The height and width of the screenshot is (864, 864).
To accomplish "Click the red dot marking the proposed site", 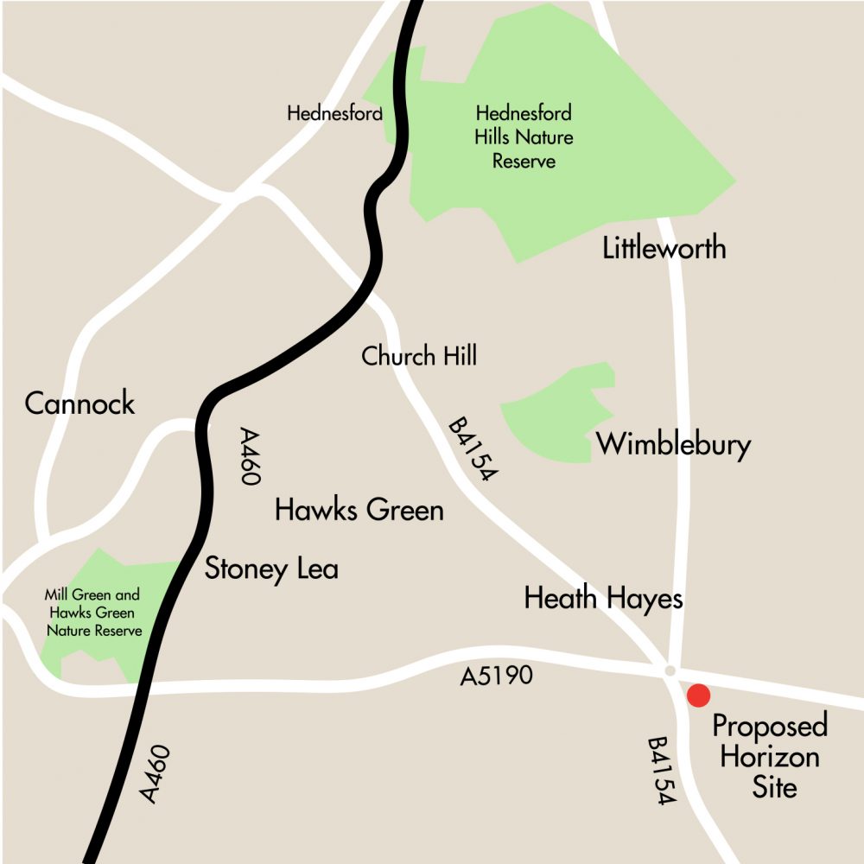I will [x=697, y=695].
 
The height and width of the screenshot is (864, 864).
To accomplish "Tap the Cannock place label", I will [x=79, y=403].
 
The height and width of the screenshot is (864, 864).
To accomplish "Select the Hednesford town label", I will [x=334, y=113].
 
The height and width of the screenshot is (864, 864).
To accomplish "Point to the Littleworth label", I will [x=664, y=249].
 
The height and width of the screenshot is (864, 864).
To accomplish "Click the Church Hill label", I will [x=419, y=355].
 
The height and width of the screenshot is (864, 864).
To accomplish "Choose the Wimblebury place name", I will [x=674, y=445].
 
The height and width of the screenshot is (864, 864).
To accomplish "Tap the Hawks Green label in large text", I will [x=359, y=510].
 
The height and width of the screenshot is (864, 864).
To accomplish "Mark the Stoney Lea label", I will [x=271, y=569].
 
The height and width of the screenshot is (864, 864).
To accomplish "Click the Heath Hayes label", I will [x=603, y=598].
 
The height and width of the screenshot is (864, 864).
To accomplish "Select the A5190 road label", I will [x=496, y=676].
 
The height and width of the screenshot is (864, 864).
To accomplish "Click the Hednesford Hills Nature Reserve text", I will [x=523, y=137].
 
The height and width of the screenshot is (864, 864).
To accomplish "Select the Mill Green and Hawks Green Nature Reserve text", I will [x=92, y=613].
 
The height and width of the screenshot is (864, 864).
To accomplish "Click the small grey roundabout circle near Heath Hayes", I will [x=670, y=670].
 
